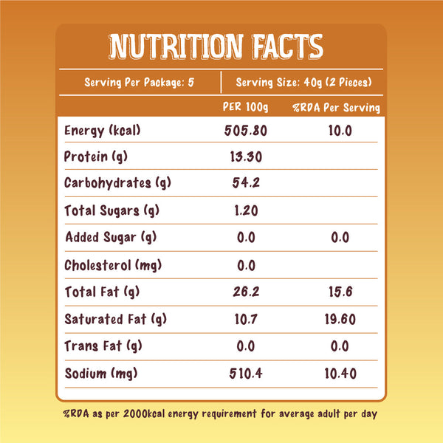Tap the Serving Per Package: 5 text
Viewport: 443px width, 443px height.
[x=140, y=82]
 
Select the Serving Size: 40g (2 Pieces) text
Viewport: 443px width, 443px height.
[x=303, y=82]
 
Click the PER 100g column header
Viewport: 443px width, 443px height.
[x=245, y=108]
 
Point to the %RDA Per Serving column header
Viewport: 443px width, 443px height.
[x=336, y=108]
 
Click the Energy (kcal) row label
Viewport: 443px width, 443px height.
[x=102, y=131]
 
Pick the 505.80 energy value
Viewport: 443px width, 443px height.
[x=245, y=131]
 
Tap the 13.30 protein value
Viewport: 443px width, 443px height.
[x=245, y=157]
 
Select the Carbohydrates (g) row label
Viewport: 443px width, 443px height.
[x=112, y=183]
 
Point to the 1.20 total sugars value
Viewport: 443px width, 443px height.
[x=245, y=210]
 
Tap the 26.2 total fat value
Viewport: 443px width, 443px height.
[x=245, y=292]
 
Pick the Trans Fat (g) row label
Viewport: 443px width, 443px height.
[x=103, y=346]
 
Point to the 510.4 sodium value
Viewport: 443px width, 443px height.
[x=245, y=373]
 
